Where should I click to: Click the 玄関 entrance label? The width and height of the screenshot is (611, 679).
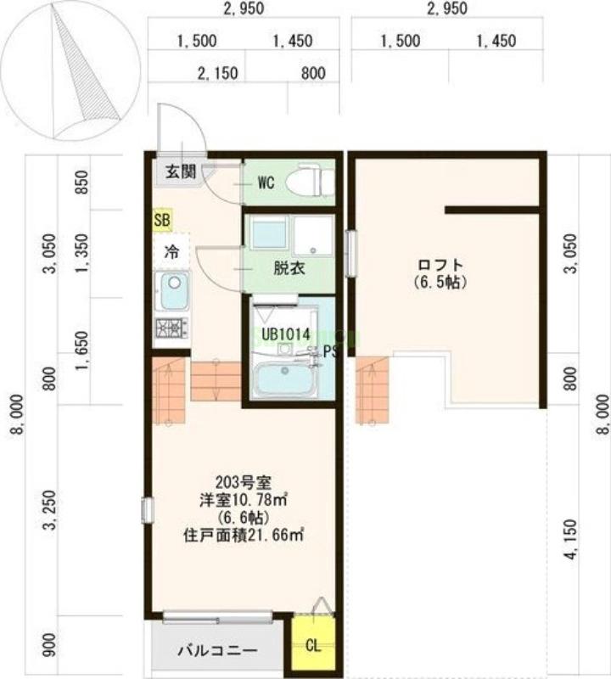tap(180, 171)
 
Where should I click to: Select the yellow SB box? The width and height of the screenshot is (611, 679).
tap(163, 220)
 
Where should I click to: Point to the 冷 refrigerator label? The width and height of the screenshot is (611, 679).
tap(171, 252)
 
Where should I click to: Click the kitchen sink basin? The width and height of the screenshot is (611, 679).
tap(173, 291)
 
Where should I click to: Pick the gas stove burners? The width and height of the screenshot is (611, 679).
tap(171, 328)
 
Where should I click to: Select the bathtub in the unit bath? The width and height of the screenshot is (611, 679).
tap(286, 379)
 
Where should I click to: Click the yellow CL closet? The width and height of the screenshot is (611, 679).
tap(312, 644)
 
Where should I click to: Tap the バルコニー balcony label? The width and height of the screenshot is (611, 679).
tap(217, 652)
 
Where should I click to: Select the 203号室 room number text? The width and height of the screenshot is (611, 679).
tap(243, 485)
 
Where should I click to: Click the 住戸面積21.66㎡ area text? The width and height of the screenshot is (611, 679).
tap(244, 536)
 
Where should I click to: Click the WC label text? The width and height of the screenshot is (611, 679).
tap(266, 182)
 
